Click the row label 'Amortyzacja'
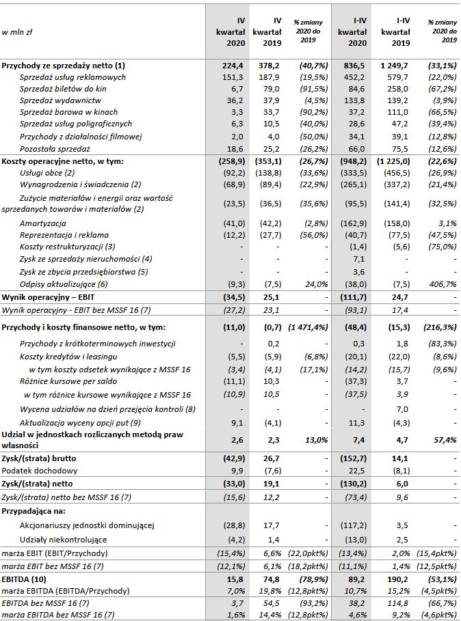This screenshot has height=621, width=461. pyautogui.click(x=42, y=223)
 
